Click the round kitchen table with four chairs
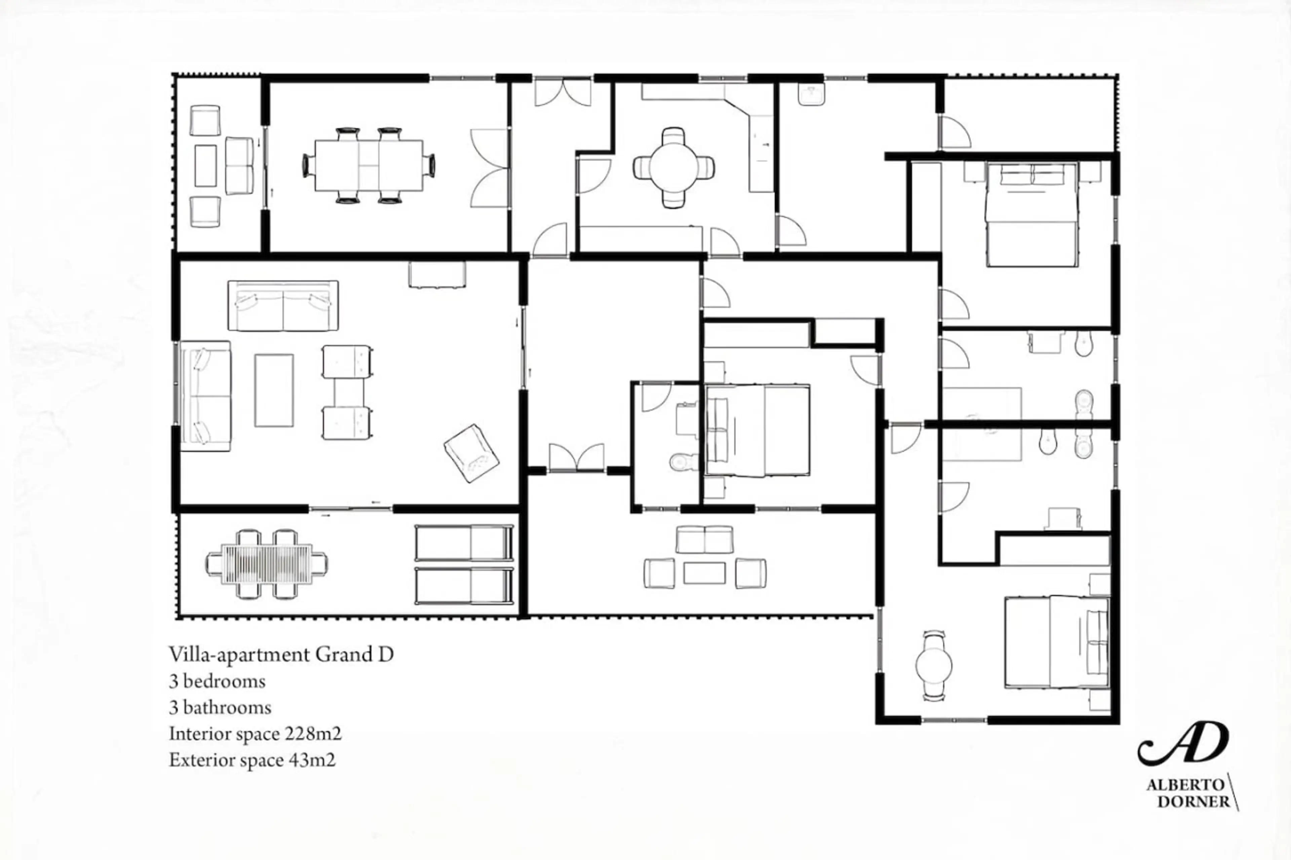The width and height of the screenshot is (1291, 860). tap(674, 168)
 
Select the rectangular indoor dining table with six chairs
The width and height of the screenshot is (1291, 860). tap(369, 166)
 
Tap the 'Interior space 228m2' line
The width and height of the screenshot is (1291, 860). tap(255, 734)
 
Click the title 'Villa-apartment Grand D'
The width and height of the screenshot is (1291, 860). tap(281, 654)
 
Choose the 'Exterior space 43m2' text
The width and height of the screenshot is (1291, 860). tap(252, 760)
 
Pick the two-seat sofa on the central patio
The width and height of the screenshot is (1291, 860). tap(704, 540)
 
